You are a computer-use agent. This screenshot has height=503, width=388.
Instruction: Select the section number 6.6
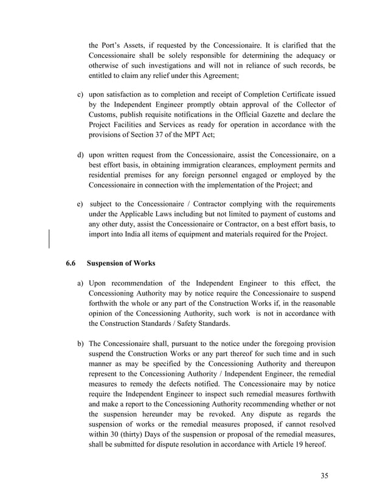click(71, 263)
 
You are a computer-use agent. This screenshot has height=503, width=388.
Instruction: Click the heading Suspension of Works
click(121, 263)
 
